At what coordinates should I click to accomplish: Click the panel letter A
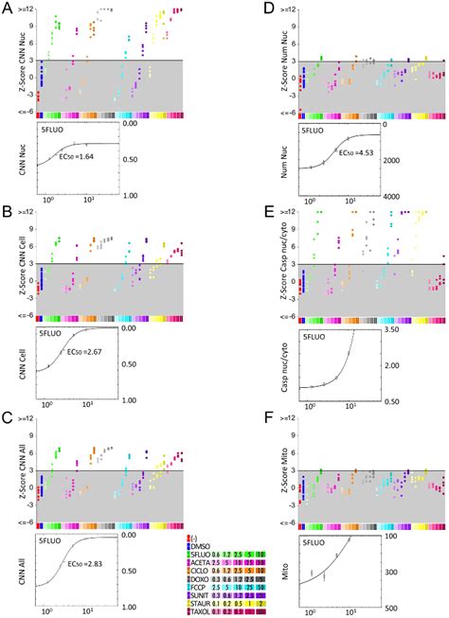[x=8, y=9]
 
